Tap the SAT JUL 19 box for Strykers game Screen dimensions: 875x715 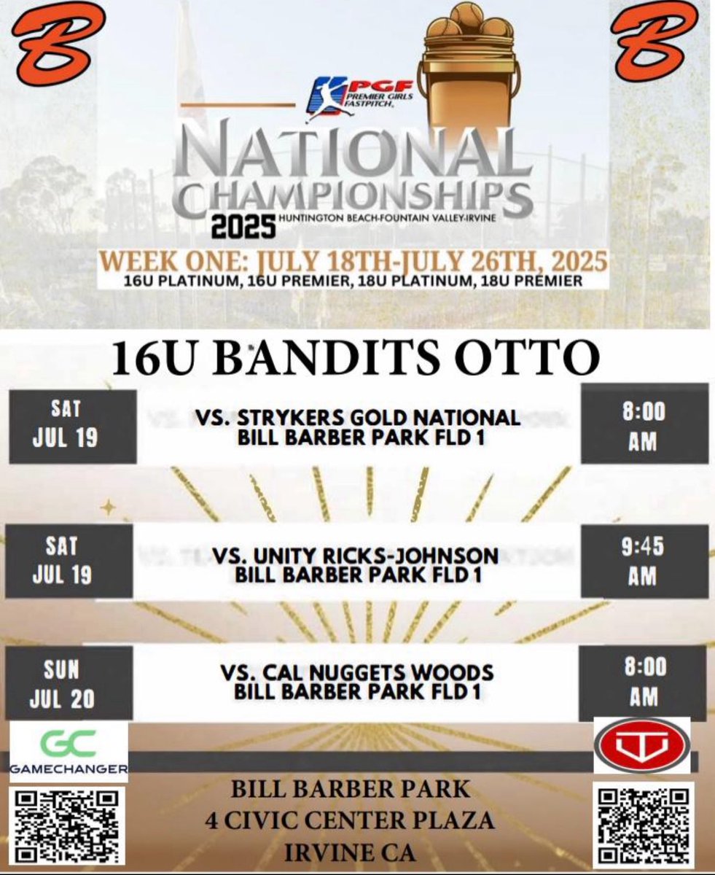tap(72, 427)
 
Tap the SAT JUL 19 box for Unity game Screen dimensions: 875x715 tap(72, 561)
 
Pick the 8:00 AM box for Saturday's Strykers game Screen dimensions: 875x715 tap(644, 427)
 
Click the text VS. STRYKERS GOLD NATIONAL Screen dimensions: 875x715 tap(358, 418)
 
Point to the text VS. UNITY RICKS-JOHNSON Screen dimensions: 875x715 tap(356, 556)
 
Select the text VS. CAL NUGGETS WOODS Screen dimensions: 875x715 tap(358, 672)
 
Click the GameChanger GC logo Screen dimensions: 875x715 tap(69, 751)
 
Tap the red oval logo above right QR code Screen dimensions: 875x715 tap(641, 745)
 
